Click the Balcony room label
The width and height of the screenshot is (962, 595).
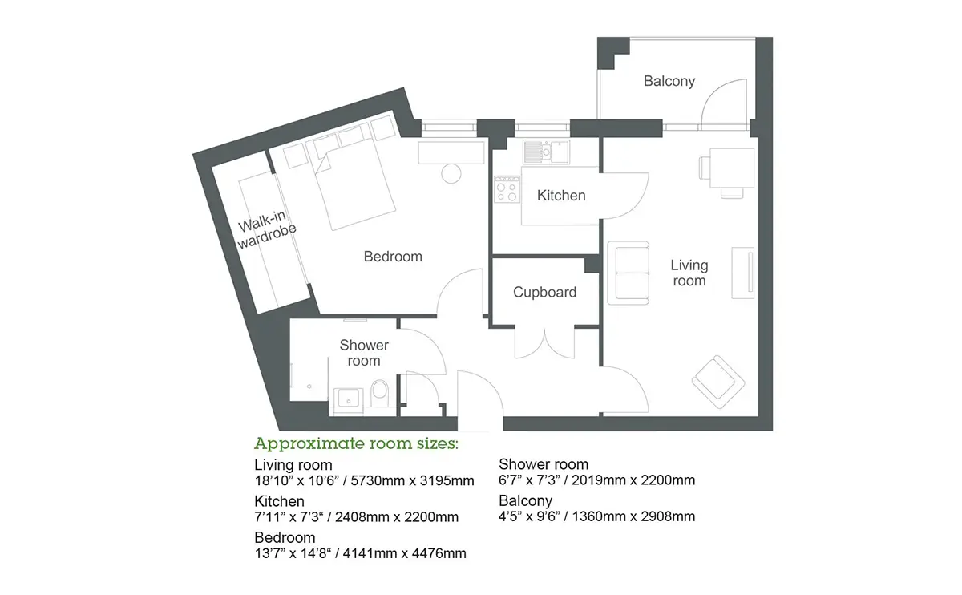tap(669, 81)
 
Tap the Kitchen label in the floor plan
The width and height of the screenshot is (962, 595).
tap(561, 196)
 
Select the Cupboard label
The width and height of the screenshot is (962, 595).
tap(544, 292)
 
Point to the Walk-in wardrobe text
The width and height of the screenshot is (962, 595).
tap(266, 230)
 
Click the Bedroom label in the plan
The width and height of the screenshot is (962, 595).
tap(393, 257)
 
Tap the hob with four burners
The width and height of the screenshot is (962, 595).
tap(507, 189)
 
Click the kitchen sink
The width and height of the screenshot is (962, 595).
tap(546, 152)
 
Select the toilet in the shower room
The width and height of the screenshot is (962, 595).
tap(379, 392)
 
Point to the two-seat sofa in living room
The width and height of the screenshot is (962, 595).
tap(629, 273)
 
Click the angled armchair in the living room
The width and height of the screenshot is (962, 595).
tap(717, 382)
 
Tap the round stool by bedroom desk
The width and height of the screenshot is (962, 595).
tap(451, 174)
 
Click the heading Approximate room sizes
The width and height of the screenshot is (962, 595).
tap(356, 443)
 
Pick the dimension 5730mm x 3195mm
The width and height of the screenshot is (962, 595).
tap(412, 480)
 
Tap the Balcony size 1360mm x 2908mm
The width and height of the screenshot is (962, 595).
tap(633, 516)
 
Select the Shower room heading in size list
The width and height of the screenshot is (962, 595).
tap(544, 464)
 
